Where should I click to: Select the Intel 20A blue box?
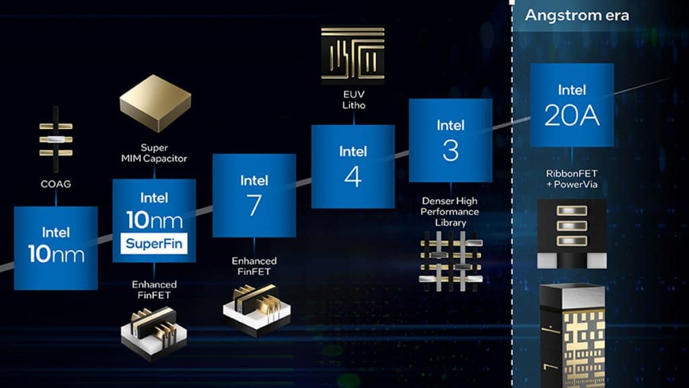[571, 104]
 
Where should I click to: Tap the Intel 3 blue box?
[450, 140]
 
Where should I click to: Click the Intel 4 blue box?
[353, 166]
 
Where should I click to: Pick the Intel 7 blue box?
[254, 195]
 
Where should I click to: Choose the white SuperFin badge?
[154, 242]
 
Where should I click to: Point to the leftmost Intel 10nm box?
[56, 247]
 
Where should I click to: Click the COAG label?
[56, 182]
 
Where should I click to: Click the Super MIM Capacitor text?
[153, 153]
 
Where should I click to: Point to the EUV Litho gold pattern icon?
[353, 53]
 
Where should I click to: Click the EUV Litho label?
[353, 100]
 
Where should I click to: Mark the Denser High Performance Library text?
[450, 211]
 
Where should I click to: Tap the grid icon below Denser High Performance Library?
[450, 259]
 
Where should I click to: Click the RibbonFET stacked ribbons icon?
[571, 232]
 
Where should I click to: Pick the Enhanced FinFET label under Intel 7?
[254, 266]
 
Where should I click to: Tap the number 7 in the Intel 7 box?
[254, 205]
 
